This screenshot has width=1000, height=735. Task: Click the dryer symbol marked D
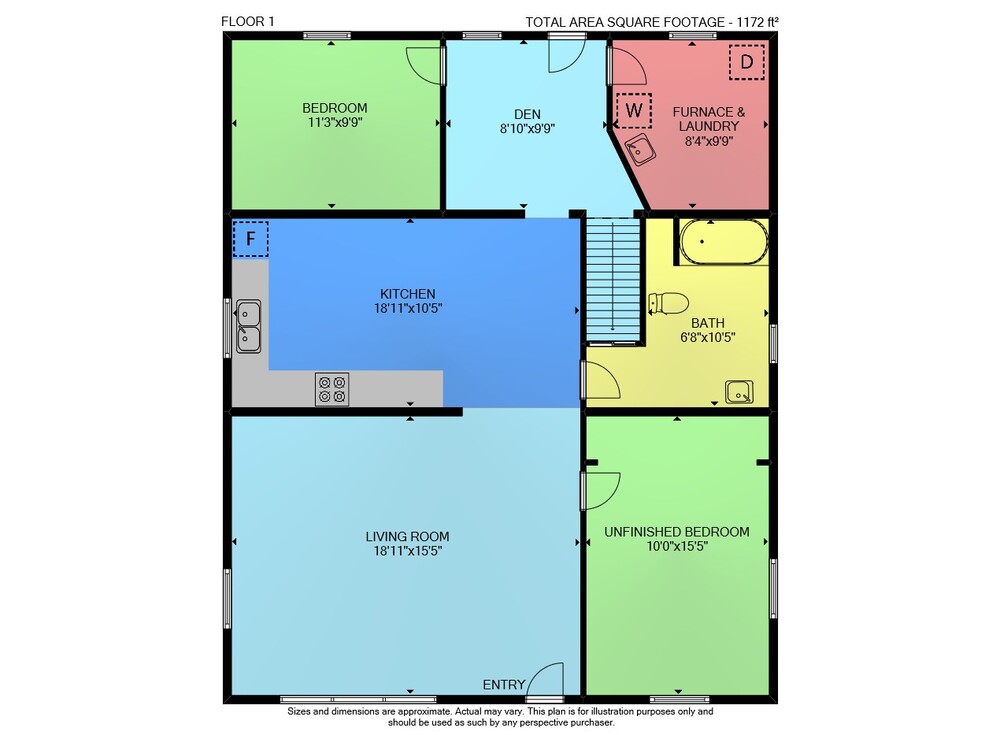(747, 62)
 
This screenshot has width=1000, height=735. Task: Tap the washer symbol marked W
(633, 110)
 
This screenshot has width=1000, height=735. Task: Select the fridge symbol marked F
(251, 239)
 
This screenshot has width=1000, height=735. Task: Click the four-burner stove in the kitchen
(332, 389)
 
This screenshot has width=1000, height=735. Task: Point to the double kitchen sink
(248, 327)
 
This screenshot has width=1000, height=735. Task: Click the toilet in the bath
(668, 303)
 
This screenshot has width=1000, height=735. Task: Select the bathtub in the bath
(724, 242)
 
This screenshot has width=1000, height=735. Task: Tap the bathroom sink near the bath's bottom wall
(739, 392)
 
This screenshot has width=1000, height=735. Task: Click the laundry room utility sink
(640, 150)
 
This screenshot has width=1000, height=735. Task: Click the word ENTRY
(504, 685)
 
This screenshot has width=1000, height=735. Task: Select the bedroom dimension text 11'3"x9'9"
(335, 122)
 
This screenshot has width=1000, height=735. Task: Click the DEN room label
(527, 114)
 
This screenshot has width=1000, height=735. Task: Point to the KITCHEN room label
(408, 294)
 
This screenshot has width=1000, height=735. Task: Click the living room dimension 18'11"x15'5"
(408, 551)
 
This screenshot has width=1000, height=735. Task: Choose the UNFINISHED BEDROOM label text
(677, 531)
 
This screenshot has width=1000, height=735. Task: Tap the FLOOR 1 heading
(247, 21)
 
